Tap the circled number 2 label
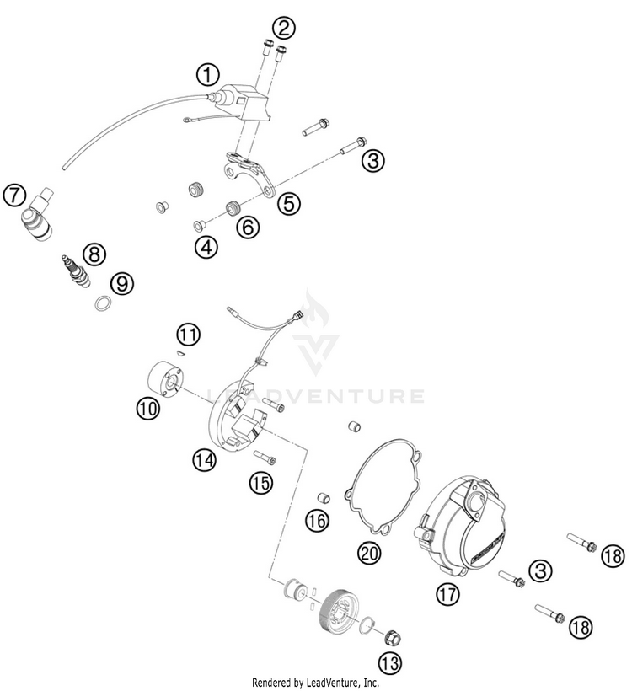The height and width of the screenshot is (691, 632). pos(284,28)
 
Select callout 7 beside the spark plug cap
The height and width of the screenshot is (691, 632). pos(14,195)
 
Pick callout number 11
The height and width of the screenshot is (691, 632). pos(190,335)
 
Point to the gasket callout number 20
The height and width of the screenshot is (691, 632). pos(370,552)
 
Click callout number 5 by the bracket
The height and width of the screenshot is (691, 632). pos(289,202)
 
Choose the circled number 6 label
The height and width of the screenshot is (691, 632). pos(248,226)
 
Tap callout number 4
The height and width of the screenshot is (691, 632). pos(205,247)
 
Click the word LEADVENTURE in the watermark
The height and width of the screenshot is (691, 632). pos(315,395)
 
